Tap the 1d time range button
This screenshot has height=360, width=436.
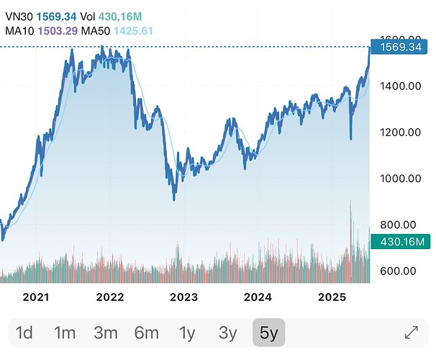point(24,333)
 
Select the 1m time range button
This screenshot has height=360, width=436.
point(65,333)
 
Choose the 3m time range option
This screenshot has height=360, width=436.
point(106,333)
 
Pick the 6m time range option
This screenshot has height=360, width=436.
point(146,333)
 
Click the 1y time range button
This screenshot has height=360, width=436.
point(187,333)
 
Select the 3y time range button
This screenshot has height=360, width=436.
point(227,333)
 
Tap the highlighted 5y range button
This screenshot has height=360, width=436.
point(268,333)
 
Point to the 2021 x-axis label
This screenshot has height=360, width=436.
point(36,297)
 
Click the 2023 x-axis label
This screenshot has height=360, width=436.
point(183,297)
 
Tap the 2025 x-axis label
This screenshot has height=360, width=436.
point(332,297)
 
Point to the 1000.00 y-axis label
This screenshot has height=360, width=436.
point(399,179)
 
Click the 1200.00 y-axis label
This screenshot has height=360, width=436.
point(399,132)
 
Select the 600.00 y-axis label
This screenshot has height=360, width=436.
point(399,271)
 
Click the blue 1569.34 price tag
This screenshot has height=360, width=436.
point(399,47)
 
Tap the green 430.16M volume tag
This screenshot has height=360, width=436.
point(399,243)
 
